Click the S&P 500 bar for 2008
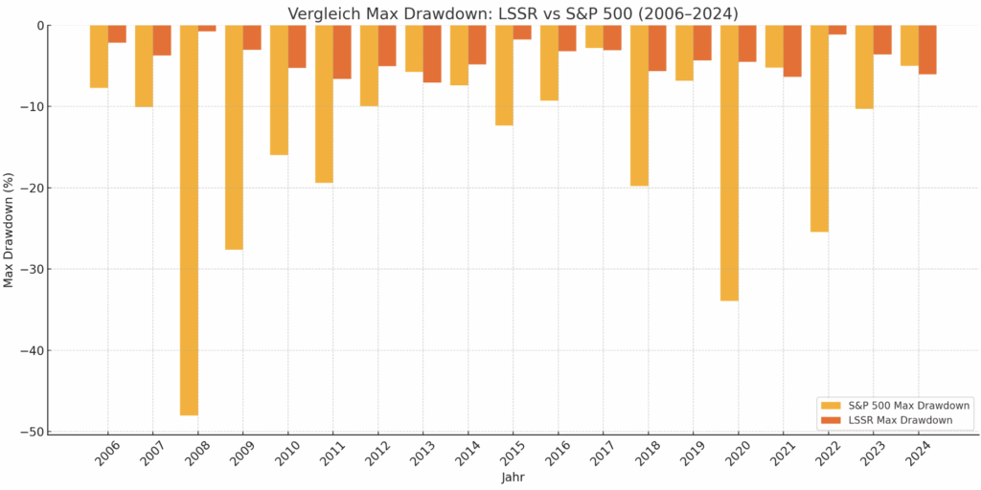coord(189,220)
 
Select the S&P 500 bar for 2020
coord(729,163)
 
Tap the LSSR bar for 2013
coord(432,54)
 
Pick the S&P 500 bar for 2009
coord(234,137)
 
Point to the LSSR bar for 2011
coord(342,52)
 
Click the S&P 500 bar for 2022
coord(819,128)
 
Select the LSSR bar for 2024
coord(927,50)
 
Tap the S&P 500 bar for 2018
coord(639,105)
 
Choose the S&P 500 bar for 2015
coord(504,75)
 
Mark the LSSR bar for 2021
coord(792,51)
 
